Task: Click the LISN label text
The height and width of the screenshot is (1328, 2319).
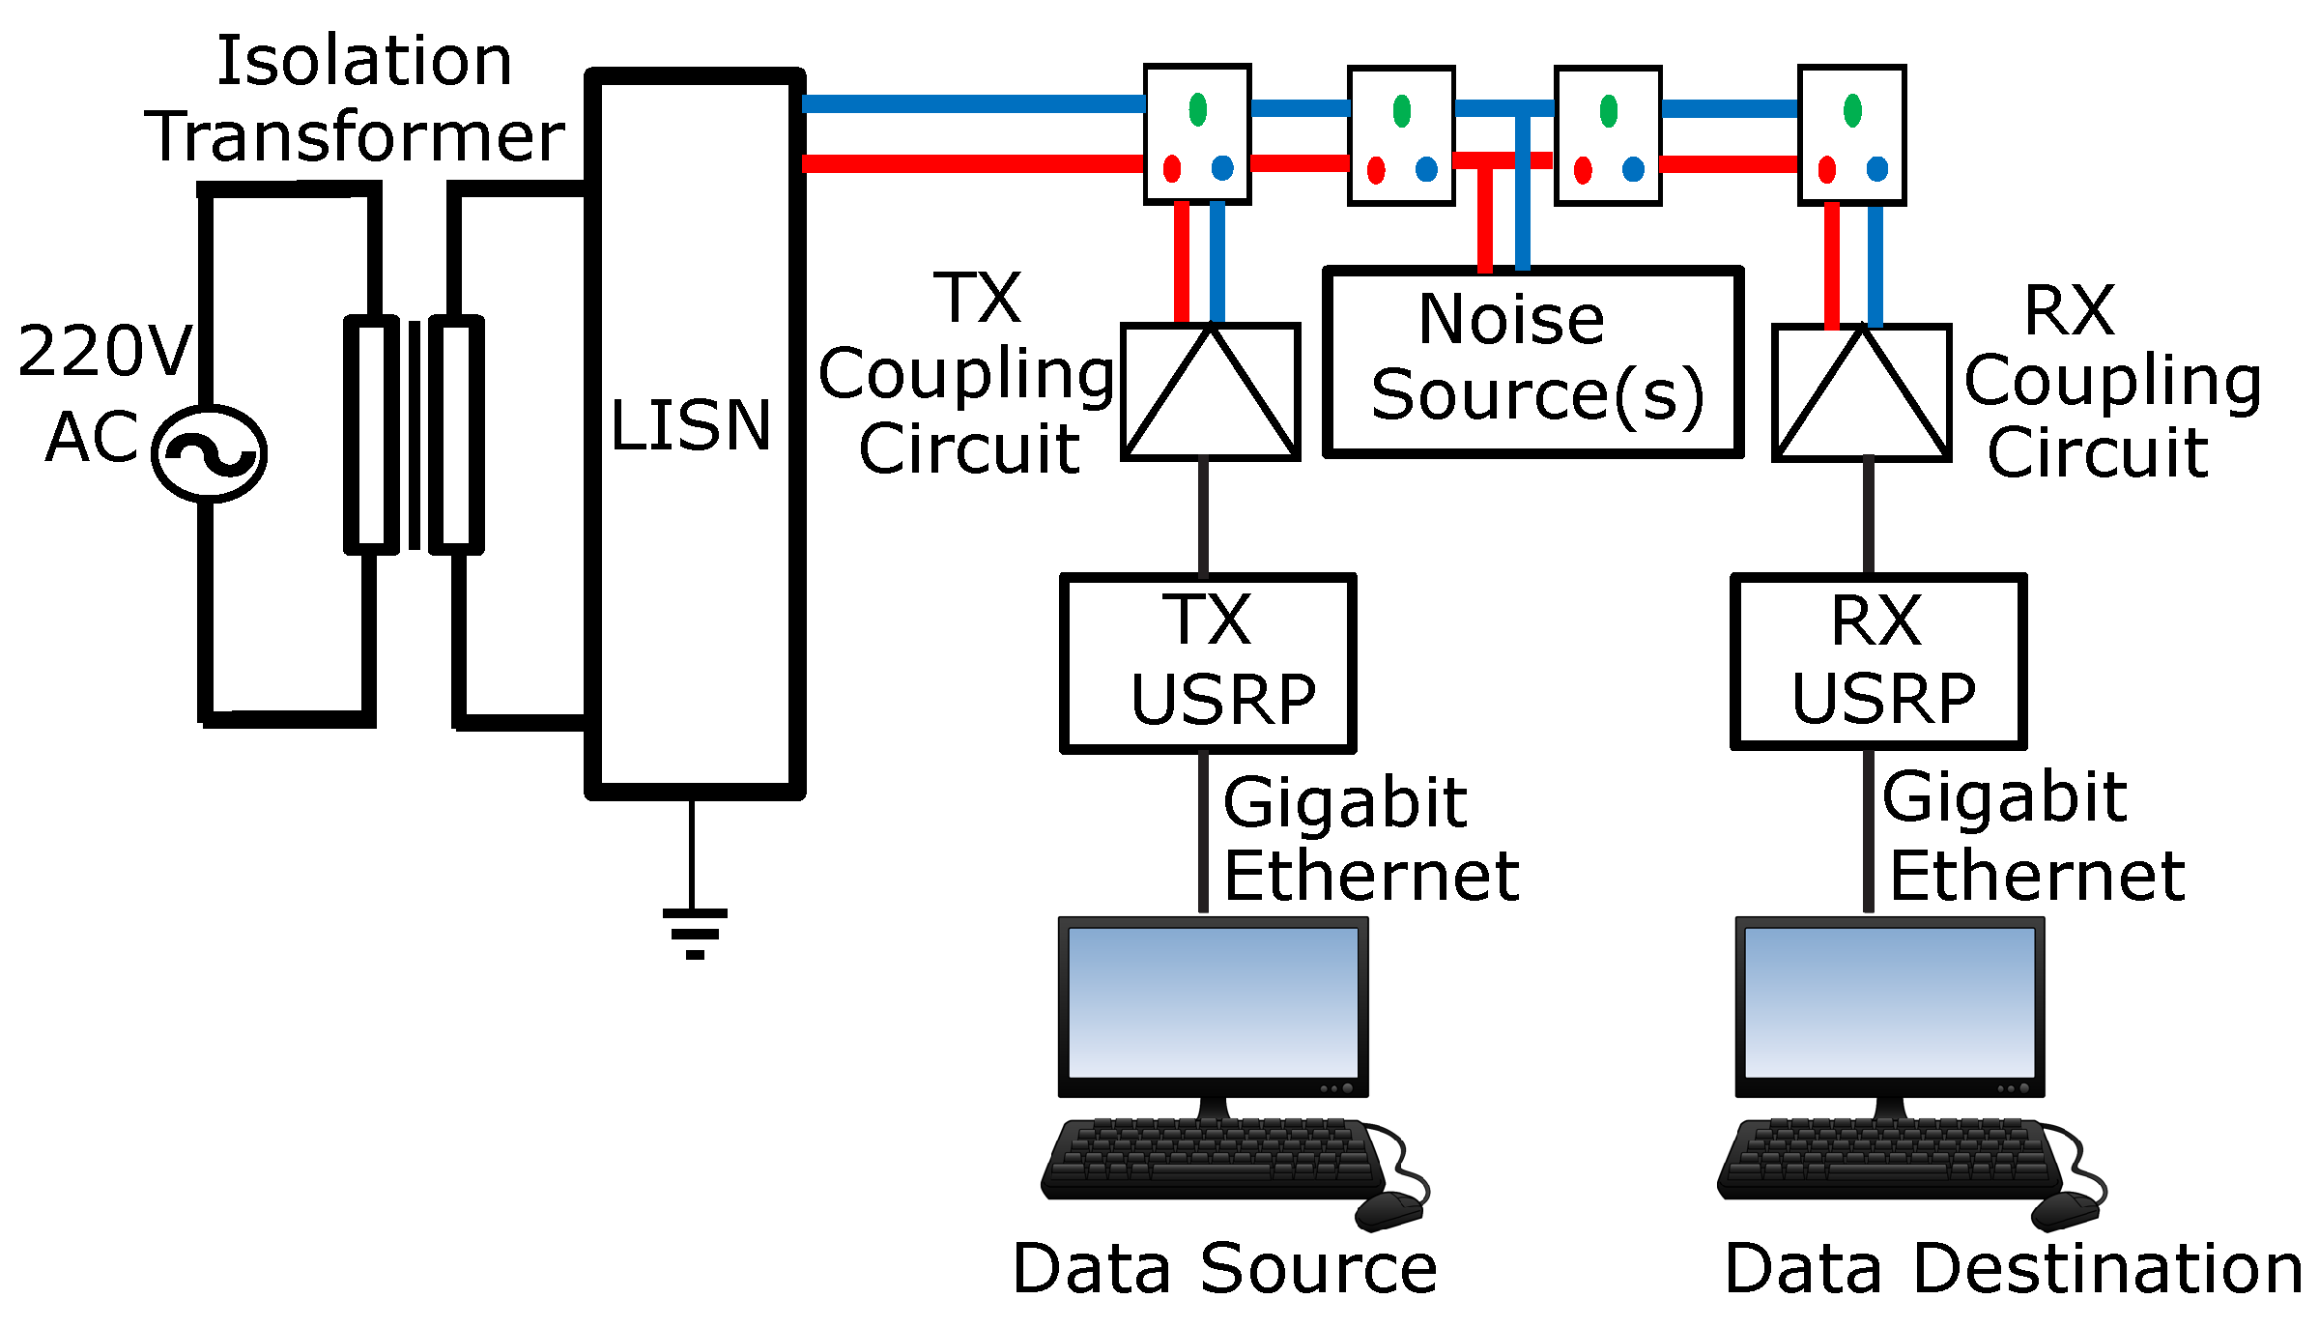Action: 690,425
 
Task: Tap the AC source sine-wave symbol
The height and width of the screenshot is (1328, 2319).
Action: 209,453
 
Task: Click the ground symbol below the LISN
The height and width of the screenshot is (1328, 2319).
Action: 694,932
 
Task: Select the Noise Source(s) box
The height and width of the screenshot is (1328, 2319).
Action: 1532,361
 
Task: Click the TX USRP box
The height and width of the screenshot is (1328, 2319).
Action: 1208,663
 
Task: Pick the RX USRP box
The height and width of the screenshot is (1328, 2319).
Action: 1878,662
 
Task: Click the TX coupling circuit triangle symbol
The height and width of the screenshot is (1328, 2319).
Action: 1210,392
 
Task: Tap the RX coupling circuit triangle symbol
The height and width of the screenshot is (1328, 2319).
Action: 1861,394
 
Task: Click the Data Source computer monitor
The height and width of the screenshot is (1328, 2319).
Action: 1213,1005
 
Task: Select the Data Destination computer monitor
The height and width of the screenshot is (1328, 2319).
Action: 1889,1005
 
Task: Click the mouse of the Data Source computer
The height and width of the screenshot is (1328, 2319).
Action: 1389,1210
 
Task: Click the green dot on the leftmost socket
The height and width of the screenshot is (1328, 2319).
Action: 1198,109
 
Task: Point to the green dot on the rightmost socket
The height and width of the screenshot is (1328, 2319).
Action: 1852,110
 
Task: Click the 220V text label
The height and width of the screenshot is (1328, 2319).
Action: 104,351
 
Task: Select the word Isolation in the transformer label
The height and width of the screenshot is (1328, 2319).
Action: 364,61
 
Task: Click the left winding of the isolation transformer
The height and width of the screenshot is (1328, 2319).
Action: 371,434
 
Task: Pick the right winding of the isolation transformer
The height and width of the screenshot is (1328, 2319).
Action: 456,434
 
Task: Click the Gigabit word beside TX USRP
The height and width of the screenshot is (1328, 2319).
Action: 1344,803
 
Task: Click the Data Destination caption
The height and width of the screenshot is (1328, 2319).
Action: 2014,1269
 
